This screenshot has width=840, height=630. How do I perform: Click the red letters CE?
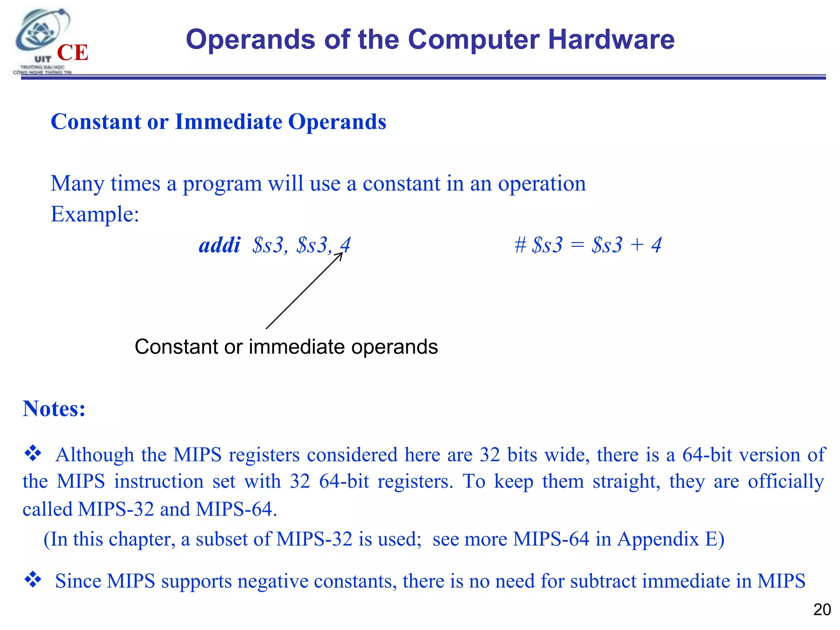coord(73,53)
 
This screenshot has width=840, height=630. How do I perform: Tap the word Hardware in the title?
coord(611,40)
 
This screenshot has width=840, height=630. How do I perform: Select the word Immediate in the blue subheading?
coord(228,122)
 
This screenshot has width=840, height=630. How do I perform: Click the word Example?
coord(95,214)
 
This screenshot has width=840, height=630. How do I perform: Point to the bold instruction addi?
coord(219,245)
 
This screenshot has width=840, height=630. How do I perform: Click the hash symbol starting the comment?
coord(520,245)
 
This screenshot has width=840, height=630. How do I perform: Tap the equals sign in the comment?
coord(577,245)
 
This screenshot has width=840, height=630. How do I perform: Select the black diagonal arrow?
coord(304,290)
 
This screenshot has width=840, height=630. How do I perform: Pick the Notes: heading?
coord(54,409)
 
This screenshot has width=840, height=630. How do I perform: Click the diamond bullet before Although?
coord(33,454)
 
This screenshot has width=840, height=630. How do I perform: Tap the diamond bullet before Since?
coord(33,580)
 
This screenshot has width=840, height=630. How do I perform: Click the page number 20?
coord(822,610)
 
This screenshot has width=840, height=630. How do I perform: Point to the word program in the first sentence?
coord(222,184)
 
